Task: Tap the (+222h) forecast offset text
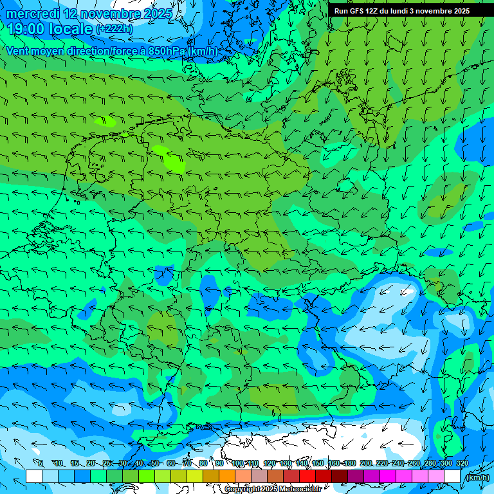click(x=114, y=29)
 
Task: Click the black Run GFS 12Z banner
click(x=411, y=11)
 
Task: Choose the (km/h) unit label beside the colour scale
click(x=477, y=477)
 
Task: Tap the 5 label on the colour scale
click(x=41, y=463)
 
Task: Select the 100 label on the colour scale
click(x=237, y=463)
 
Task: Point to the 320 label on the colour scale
click(x=462, y=463)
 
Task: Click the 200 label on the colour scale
click(x=366, y=463)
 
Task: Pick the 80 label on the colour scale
click(x=203, y=463)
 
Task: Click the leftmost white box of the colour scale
click(x=34, y=476)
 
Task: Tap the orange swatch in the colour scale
click(x=227, y=476)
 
